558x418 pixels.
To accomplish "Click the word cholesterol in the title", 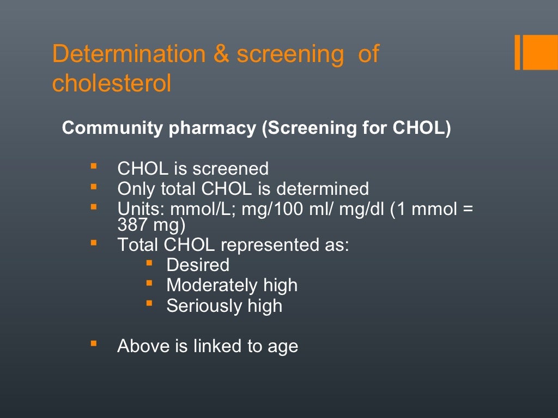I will (112, 83).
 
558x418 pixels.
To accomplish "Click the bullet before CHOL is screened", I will (94, 165).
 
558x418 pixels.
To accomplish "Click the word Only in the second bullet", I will (136, 189).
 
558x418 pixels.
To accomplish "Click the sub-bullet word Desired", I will (198, 265).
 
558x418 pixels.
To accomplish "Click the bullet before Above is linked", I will (94, 343).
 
